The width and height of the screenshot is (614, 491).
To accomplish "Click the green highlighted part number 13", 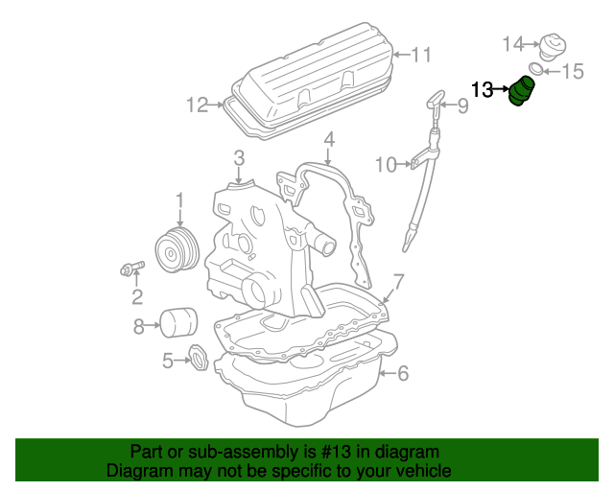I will (x=524, y=93).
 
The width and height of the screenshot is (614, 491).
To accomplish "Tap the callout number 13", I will (x=483, y=90).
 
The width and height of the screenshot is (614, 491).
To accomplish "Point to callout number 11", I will (x=422, y=55).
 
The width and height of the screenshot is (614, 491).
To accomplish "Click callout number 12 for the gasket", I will (x=197, y=105).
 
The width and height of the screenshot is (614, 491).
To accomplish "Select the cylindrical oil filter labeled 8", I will (x=177, y=323).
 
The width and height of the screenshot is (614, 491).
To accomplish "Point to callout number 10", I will (x=385, y=165).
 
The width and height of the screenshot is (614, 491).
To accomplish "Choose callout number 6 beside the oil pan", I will (x=403, y=373).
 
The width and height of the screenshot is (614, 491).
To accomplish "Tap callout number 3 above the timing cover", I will (x=239, y=158).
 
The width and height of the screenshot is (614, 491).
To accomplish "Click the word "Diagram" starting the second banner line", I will (x=139, y=471).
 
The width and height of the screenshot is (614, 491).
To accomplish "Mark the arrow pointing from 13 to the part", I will (x=502, y=90).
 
